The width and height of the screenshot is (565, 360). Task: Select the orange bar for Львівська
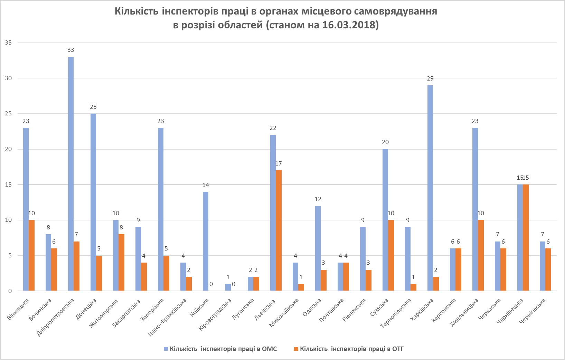point(279,230)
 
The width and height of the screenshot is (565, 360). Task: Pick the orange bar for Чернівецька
point(526,237)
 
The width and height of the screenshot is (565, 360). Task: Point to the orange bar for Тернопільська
point(413,287)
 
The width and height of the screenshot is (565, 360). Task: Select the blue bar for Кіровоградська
point(228,287)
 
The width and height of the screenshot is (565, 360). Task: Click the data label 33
point(71,50)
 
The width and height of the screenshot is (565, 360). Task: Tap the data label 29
point(430,78)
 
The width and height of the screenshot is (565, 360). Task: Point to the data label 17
point(279,163)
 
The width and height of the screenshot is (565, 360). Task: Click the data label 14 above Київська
point(206,185)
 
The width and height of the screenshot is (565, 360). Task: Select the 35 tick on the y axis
point(8,43)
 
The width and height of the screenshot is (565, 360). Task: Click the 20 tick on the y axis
point(8,149)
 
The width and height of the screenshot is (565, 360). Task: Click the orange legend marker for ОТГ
point(296,349)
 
